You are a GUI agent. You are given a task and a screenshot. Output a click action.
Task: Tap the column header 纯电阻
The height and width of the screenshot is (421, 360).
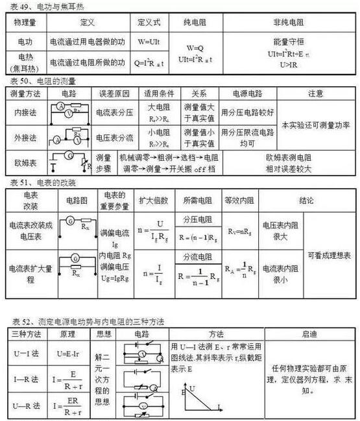tap(195, 21)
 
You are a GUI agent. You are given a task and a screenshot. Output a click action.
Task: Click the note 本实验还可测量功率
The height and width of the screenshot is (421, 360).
tap(315, 125)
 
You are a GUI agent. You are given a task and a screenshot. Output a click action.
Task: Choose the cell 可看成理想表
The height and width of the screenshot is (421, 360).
tap(330, 256)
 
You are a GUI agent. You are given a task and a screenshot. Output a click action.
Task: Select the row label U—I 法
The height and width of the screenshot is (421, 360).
tap(26, 354)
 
